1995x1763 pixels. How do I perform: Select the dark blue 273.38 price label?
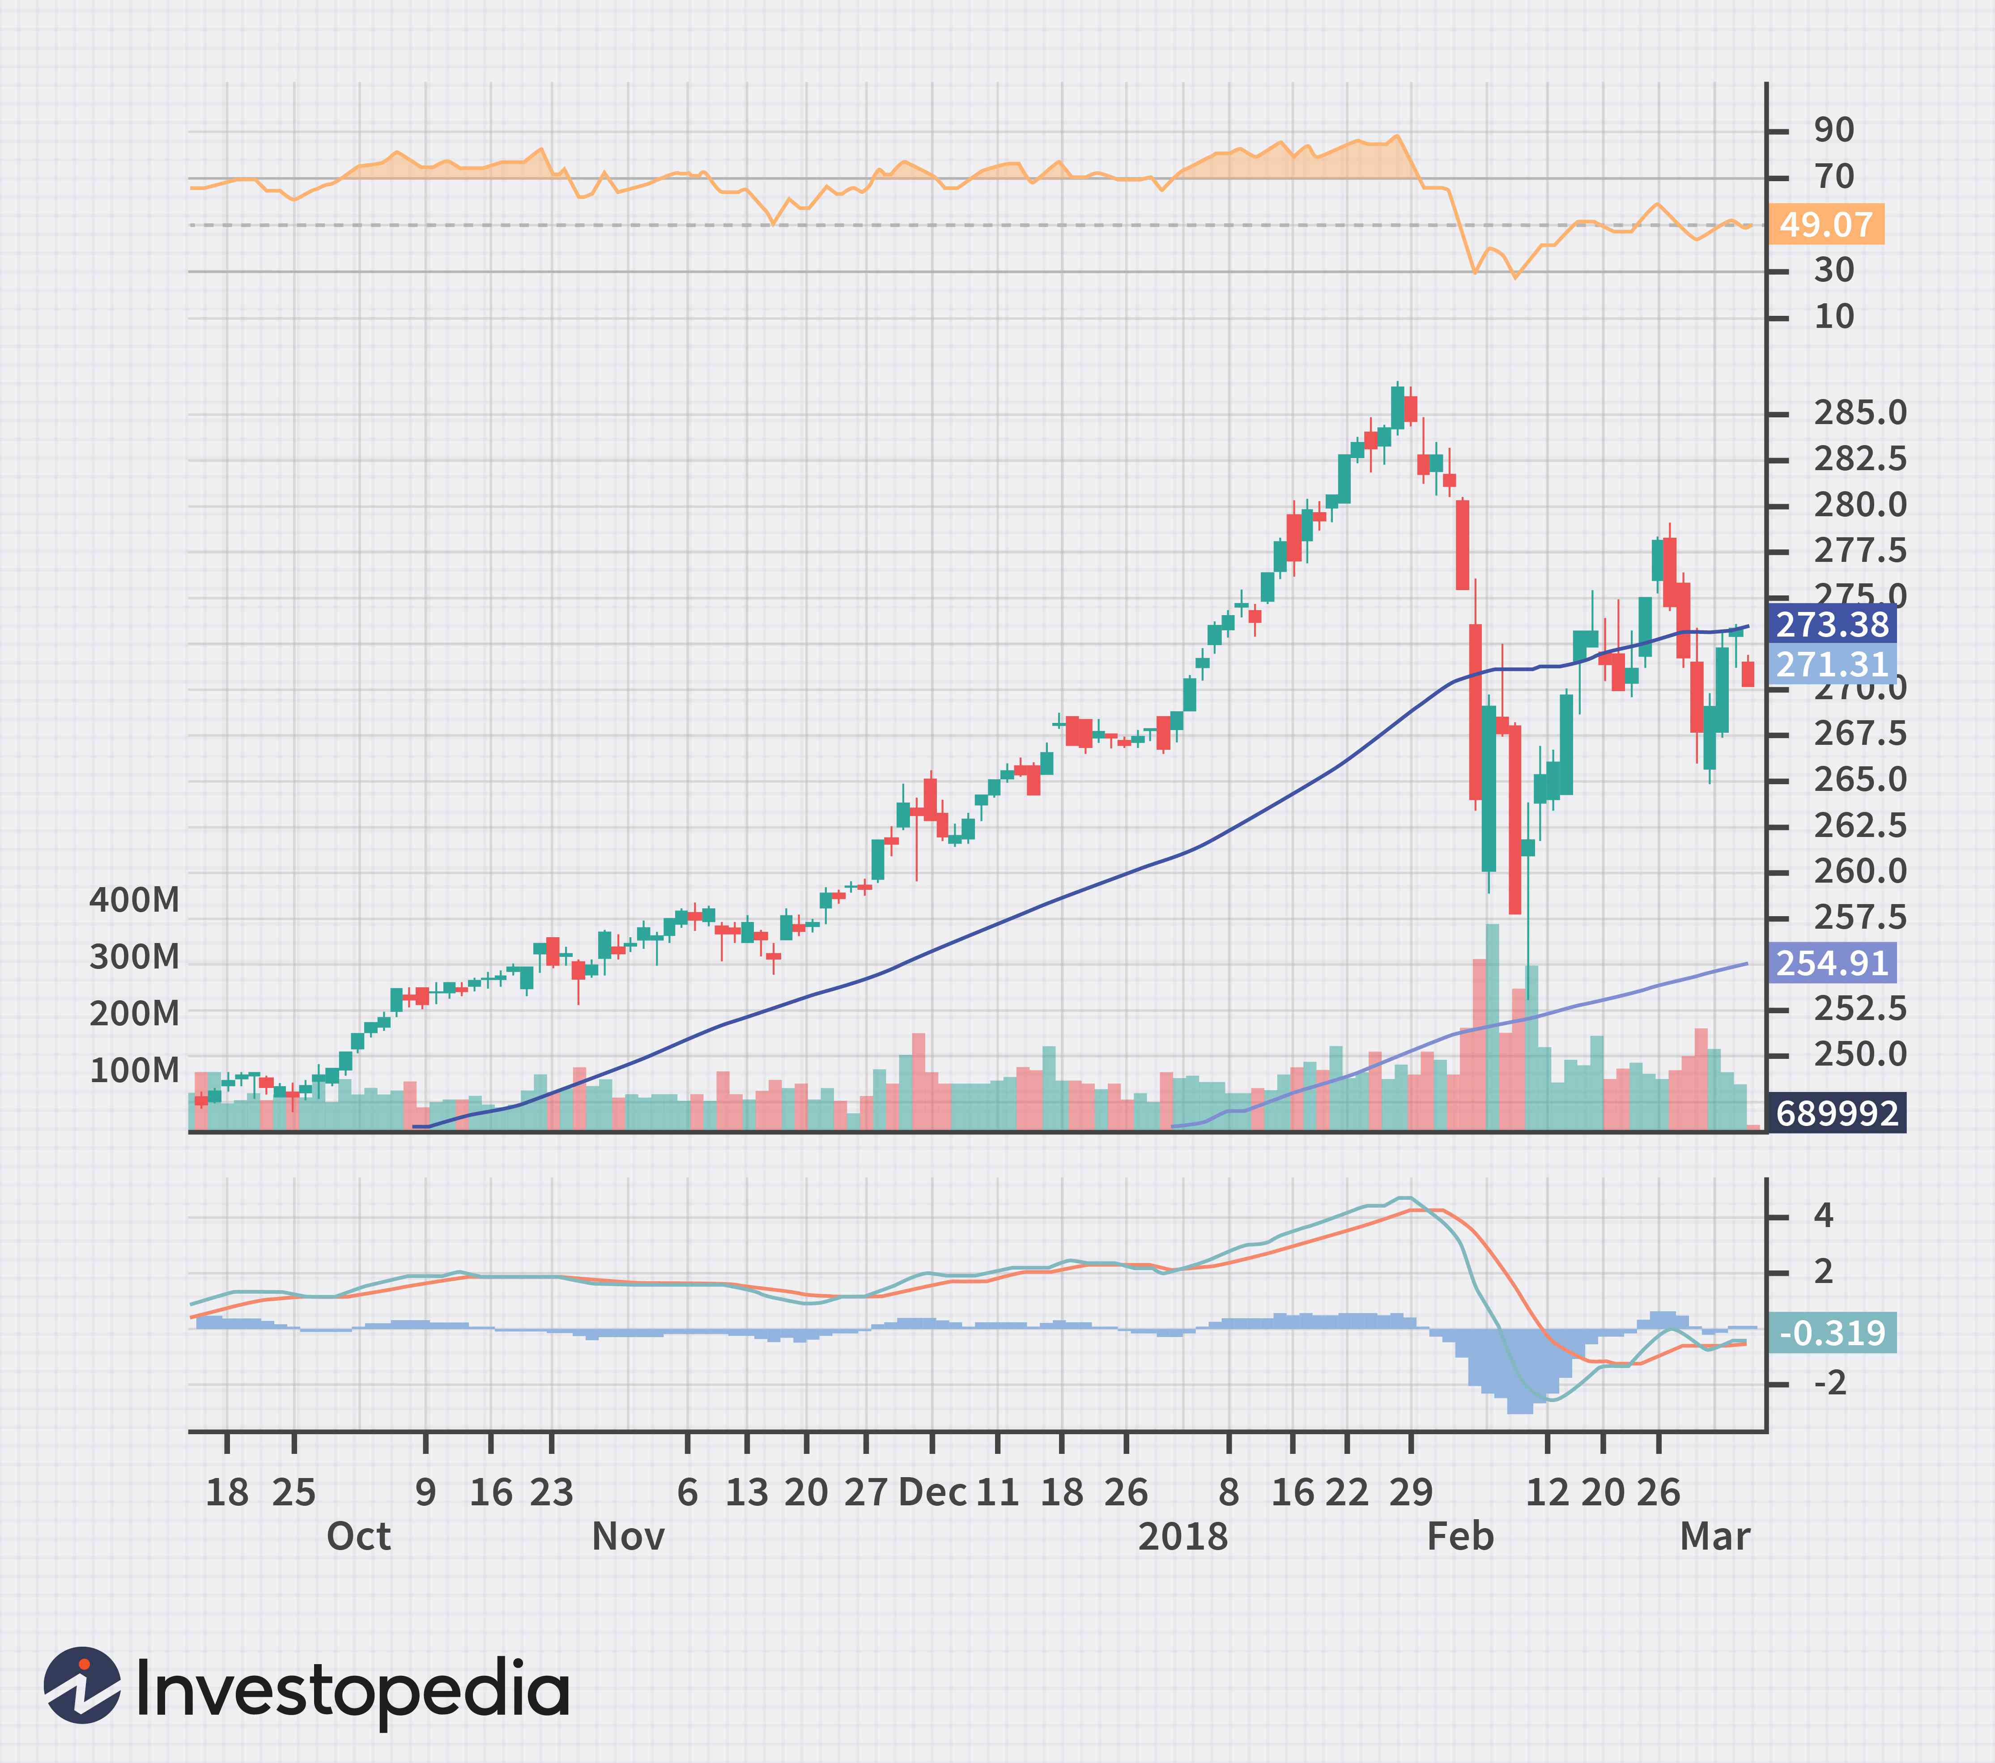point(1832,624)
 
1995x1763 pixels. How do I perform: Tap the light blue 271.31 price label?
point(1832,665)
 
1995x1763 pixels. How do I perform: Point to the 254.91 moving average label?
point(1832,964)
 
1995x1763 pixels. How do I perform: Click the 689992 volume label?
point(1837,1113)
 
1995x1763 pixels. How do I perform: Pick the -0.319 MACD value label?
point(1832,1333)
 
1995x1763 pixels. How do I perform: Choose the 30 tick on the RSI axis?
point(1833,270)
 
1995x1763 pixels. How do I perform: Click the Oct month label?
point(358,1537)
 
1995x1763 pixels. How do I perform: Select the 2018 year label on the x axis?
point(1183,1537)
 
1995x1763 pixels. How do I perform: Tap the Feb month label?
point(1460,1537)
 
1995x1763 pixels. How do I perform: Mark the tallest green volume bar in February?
point(1491,1026)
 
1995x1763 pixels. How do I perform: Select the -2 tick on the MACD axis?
point(1830,1384)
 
